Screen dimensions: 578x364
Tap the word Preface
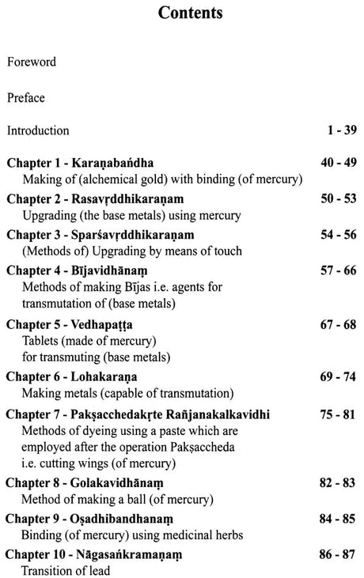coord(27,99)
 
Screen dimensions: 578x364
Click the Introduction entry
coord(38,130)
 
